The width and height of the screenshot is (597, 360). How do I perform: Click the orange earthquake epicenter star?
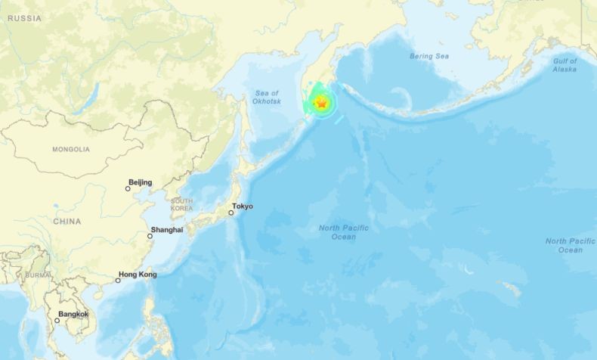coord(320,104)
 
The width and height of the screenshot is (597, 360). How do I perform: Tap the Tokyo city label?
coord(243,206)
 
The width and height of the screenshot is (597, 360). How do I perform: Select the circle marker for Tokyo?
coord(230,213)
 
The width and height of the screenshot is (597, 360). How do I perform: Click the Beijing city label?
coord(141,182)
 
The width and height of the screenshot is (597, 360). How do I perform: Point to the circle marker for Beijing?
coord(128,188)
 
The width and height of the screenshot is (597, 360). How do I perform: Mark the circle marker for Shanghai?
coord(150,236)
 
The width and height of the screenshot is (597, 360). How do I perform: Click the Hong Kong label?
coord(138,275)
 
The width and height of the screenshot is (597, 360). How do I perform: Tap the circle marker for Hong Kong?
coord(118,281)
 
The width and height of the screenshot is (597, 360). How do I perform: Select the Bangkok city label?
coord(73,314)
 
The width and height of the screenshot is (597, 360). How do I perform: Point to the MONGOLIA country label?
coord(71,149)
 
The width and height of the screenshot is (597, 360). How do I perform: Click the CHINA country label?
coord(67,222)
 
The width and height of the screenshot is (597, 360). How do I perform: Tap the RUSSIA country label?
coord(26,18)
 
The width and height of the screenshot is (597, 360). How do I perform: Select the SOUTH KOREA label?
coord(181,204)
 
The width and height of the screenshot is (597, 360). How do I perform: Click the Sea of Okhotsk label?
coord(268,97)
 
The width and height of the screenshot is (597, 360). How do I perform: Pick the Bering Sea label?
coord(428,56)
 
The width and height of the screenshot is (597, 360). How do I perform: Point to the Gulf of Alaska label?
coord(565,65)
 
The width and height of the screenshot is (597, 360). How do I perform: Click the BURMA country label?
coord(37,275)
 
